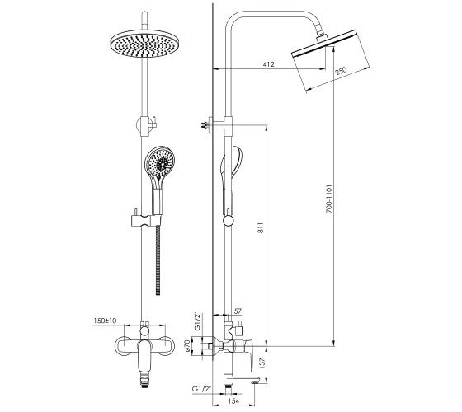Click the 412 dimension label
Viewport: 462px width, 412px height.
[268, 64]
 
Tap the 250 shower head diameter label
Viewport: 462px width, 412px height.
[342, 73]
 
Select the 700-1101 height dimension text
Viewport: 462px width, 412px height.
[329, 199]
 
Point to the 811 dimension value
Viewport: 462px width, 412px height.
[261, 227]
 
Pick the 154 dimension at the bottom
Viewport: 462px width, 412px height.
[233, 400]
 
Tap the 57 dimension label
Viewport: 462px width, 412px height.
[238, 311]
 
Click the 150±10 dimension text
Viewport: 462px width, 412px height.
[106, 321]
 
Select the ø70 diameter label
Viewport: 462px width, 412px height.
[186, 346]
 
